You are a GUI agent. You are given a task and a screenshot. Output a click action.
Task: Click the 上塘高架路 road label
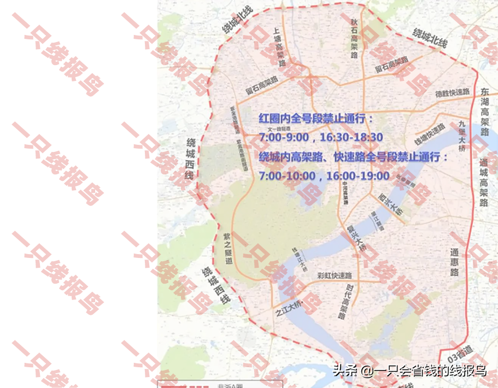tap(280, 47)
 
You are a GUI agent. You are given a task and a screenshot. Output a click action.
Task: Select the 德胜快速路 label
tap(452, 93)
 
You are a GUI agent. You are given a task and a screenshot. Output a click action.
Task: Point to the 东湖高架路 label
tap(483, 111)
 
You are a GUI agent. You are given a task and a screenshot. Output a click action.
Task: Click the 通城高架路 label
tap(483, 183)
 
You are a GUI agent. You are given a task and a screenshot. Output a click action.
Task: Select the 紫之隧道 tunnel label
tap(227, 248)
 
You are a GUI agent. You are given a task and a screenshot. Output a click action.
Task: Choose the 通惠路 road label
tap(454, 263)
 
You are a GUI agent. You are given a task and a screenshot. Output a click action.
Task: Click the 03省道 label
tap(458, 347)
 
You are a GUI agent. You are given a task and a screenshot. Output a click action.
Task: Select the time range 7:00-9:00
tap(284, 137)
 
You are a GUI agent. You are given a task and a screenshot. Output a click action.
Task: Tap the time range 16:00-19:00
tap(358, 176)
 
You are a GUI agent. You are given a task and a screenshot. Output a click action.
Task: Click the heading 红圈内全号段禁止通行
tap(316, 118)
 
